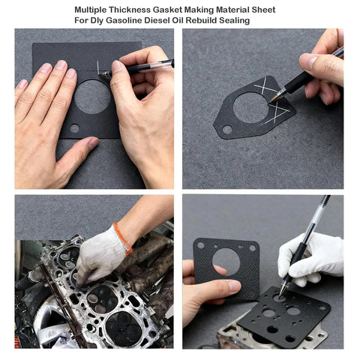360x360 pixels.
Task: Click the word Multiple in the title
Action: [91, 10]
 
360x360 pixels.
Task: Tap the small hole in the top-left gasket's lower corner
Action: [74, 128]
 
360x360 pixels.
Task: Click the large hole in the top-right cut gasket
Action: [250, 107]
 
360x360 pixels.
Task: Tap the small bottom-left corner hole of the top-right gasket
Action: [226, 129]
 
